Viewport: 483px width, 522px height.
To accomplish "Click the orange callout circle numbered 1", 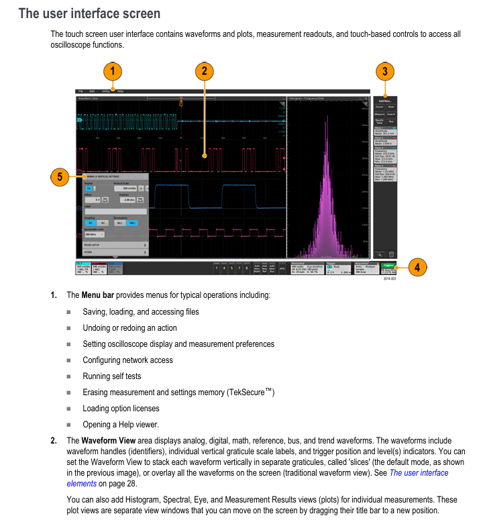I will coord(113,70).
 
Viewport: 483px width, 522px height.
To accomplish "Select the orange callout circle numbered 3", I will coord(384,71).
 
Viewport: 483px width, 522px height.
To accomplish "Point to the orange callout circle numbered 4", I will coord(417,267).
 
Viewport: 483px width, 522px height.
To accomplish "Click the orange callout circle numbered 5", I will coord(60,177).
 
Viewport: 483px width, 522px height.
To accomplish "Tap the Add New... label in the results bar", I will coord(385,100).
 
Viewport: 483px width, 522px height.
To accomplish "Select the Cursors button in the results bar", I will coord(380,107).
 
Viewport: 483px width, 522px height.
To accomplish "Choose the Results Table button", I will coord(379,122).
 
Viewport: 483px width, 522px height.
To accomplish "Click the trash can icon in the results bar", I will coord(391,254).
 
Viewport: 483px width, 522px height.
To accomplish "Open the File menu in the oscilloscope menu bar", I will coord(80,91).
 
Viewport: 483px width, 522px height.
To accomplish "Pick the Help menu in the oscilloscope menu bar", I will coord(120,91).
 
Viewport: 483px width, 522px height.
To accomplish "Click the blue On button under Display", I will coord(90,190).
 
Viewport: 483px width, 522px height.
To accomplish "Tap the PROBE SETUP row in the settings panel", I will coord(114,245).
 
